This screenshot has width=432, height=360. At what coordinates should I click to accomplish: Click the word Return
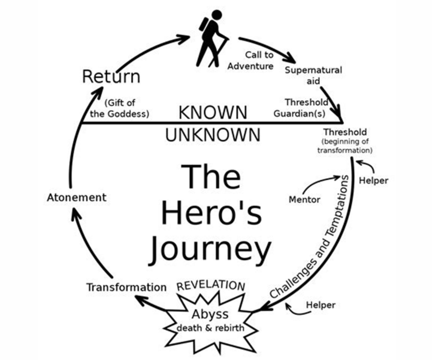[111, 77]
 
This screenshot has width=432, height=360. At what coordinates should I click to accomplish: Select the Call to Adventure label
[251, 60]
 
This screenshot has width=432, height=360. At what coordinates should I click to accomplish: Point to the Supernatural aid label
[313, 75]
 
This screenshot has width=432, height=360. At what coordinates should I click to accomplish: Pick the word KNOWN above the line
[213, 113]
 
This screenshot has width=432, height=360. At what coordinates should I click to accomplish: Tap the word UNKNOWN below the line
[213, 135]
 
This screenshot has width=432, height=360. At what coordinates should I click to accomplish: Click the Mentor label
[304, 199]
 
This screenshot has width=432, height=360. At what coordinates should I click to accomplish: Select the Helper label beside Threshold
[373, 180]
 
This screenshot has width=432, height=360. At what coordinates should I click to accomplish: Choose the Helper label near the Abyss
[320, 305]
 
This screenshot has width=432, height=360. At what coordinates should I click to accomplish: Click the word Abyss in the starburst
[210, 314]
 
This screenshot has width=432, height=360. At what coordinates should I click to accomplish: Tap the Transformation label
[126, 287]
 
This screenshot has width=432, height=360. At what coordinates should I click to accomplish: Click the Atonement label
[77, 197]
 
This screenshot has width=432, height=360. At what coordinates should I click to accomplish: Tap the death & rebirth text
[210, 328]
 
